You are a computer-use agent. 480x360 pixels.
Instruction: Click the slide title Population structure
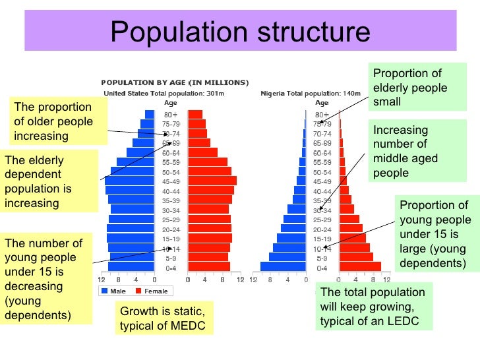pos(240,31)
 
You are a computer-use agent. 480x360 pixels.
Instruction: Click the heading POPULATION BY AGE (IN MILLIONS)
pos(175,82)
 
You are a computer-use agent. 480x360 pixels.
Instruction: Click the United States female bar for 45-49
pos(212,181)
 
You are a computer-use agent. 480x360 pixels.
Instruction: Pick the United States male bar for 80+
pos(148,114)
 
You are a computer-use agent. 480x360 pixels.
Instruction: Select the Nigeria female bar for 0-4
pos(360,266)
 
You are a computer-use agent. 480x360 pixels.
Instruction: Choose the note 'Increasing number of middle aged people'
pos(405,152)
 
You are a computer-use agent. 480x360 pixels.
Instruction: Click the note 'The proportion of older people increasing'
pos(57,122)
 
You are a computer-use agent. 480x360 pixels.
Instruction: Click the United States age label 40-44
pos(171,191)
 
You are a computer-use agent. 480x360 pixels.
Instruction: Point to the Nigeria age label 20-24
pos(322,229)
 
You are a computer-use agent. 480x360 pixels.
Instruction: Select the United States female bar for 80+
pos(195,114)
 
